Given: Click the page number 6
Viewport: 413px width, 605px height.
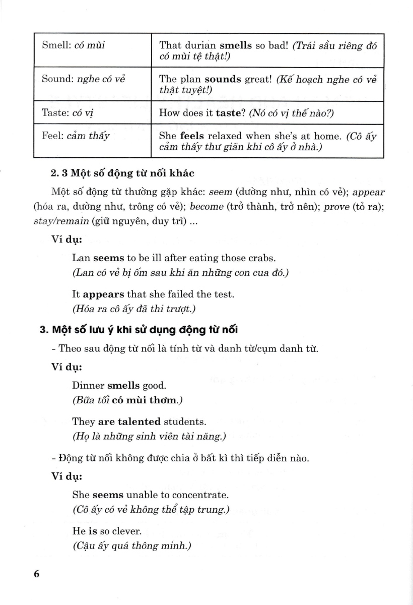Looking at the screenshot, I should (x=36, y=575).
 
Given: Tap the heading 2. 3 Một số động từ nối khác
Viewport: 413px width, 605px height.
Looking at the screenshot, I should (x=122, y=173).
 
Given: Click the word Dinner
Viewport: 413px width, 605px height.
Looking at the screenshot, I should (x=88, y=386).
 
